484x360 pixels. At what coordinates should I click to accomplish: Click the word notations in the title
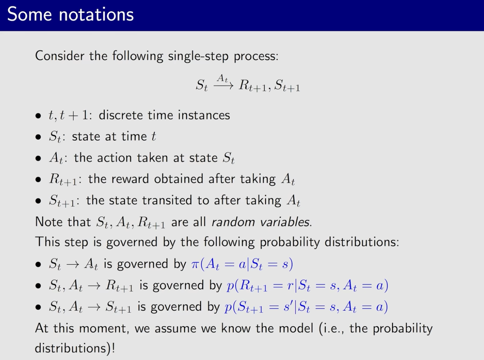tap(96, 15)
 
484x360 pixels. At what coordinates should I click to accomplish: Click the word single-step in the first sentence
tap(198, 56)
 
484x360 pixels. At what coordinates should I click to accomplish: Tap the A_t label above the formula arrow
tap(223, 78)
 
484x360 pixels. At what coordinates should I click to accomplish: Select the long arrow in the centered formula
tap(224, 86)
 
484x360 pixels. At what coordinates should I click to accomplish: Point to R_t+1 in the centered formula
tap(253, 85)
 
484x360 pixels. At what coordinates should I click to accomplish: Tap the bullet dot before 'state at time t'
tap(38, 137)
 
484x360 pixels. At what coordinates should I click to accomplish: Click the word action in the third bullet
tap(114, 157)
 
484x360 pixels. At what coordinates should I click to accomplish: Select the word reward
tap(130, 179)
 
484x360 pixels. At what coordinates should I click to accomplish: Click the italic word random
tap(233, 222)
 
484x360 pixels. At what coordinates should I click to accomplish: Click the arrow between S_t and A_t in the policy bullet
tap(73, 265)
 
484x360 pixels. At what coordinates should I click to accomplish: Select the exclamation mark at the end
tap(113, 348)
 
